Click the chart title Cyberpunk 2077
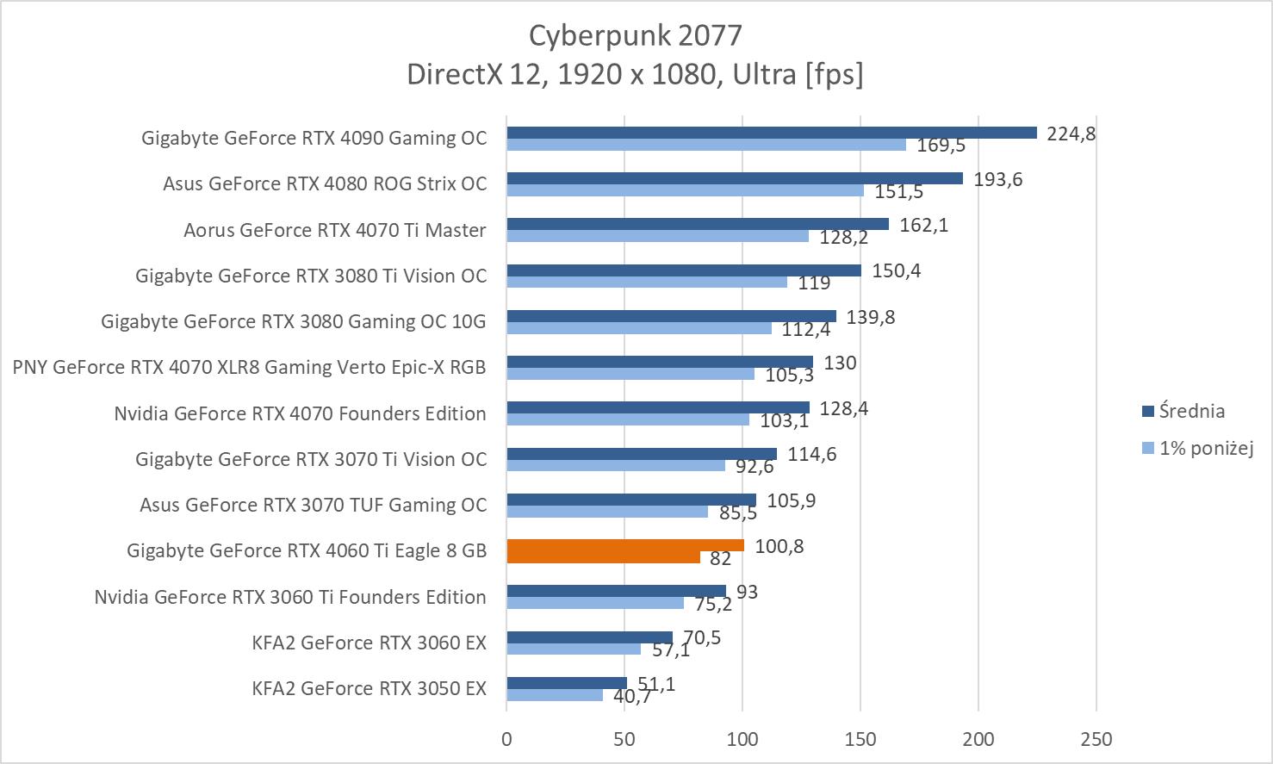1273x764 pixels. click(635, 35)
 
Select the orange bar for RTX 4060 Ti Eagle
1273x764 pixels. click(624, 546)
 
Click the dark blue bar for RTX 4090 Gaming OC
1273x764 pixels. click(771, 133)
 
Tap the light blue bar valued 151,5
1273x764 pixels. click(685, 190)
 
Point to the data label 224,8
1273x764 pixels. click(1071, 134)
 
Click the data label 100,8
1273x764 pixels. click(779, 546)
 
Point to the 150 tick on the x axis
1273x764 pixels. click(860, 739)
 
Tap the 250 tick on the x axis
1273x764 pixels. click(1096, 739)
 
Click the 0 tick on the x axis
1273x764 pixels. click(506, 739)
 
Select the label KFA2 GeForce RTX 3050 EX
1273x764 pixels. click(369, 688)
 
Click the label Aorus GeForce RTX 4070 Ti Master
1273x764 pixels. click(334, 230)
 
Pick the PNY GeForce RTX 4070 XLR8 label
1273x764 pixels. click(249, 367)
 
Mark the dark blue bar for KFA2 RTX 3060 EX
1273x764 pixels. click(589, 637)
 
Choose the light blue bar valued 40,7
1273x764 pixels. click(555, 695)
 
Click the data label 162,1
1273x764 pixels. click(923, 225)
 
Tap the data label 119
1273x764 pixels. click(814, 283)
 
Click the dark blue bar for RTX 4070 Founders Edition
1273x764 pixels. click(657, 407)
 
